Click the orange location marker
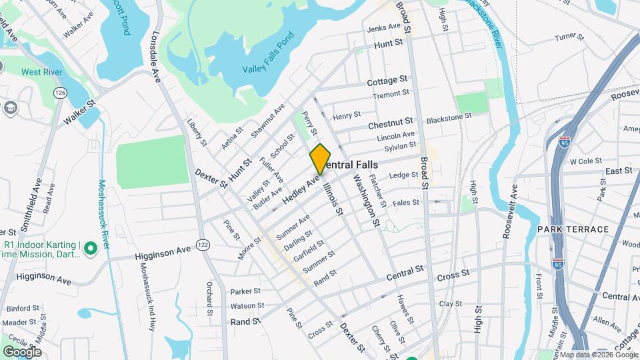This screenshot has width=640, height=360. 320,159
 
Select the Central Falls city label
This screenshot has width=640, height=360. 353,165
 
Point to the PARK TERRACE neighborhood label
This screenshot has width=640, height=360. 573,229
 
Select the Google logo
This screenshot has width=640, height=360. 22,351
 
